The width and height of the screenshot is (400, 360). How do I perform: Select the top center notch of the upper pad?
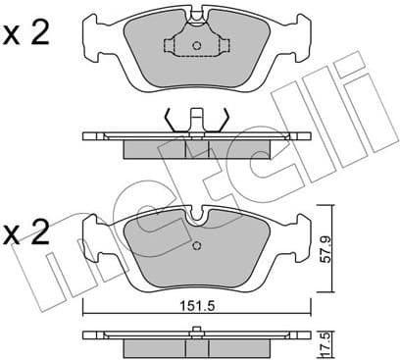pos(196,14)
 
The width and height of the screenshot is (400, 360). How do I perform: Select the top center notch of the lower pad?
pos(196,213)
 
